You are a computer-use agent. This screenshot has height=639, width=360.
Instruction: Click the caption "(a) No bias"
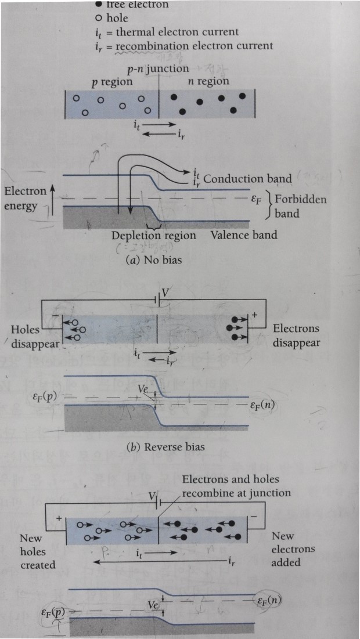pos(154,260)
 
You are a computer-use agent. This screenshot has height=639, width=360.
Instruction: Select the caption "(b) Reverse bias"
pos(159,447)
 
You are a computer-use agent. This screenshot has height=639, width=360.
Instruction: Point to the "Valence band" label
pos(244,235)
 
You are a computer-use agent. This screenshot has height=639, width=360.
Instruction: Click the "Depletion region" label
pos(154,236)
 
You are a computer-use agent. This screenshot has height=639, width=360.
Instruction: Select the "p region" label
pos(112,82)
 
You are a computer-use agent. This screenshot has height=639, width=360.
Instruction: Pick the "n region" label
pos(208,81)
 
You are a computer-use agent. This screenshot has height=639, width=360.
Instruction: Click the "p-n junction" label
pos(159,70)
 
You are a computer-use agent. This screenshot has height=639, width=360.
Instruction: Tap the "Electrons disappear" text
pos(296,335)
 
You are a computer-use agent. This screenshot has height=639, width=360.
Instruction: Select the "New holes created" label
pos(37,551)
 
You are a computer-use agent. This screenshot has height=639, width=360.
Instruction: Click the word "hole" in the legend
pos(117,18)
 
